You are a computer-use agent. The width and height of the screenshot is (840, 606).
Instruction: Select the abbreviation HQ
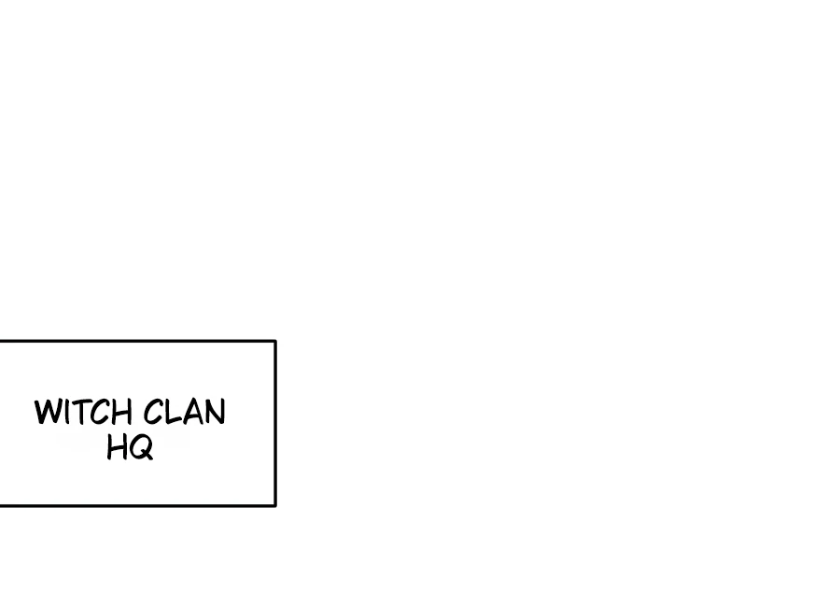click(130, 447)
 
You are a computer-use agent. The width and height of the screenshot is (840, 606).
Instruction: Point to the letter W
click(47, 413)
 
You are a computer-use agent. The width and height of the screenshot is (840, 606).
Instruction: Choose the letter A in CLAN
click(191, 413)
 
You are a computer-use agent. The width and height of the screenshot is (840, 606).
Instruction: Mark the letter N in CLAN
click(214, 413)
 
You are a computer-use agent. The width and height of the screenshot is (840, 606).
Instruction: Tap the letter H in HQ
click(118, 447)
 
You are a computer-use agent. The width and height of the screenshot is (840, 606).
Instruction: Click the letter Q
click(141, 447)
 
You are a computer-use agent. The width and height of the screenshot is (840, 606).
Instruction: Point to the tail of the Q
click(147, 457)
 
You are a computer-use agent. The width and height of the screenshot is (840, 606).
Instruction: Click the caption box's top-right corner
click(275, 342)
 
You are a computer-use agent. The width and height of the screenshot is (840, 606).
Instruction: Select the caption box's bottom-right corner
click(275, 505)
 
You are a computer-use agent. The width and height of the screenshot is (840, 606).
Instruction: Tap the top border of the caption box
click(140, 342)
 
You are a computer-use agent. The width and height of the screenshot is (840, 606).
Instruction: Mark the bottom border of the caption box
click(140, 505)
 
